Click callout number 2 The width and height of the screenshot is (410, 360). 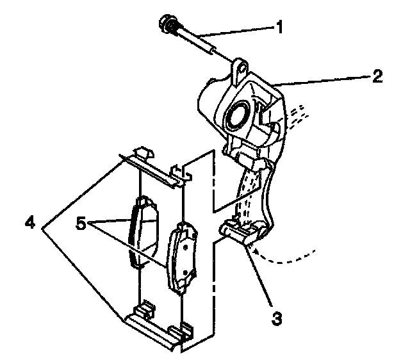[x=377, y=78]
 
